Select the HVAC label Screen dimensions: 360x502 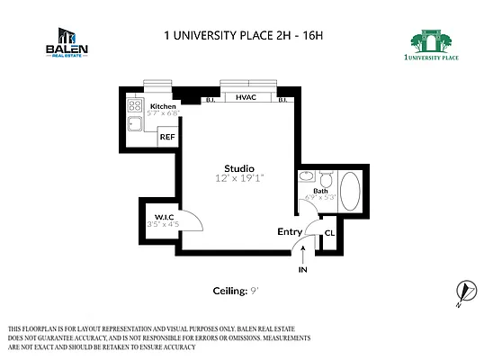tap(247, 96)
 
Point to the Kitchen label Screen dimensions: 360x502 tap(163, 106)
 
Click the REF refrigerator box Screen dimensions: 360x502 tap(167, 138)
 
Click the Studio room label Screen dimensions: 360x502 tap(239, 168)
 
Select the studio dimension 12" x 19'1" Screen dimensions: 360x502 tap(239, 179)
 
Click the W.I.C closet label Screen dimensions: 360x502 tap(164, 216)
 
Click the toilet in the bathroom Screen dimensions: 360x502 tap(325, 178)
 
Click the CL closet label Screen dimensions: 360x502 tap(329, 233)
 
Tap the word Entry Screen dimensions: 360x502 tap(290, 231)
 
